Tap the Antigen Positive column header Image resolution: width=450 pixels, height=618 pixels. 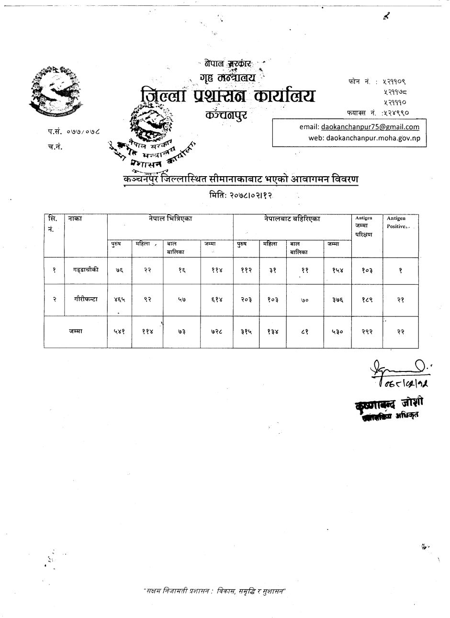point(396,222)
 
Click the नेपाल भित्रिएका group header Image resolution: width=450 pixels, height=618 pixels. point(170,219)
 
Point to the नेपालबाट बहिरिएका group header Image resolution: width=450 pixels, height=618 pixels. point(292,219)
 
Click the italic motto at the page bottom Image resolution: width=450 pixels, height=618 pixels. point(215,591)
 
